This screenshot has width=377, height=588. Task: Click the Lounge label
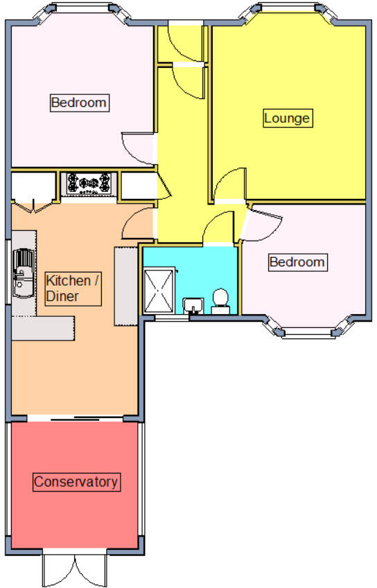(x=286, y=118)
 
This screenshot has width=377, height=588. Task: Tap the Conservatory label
(x=76, y=481)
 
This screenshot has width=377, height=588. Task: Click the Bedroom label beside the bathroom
(x=297, y=262)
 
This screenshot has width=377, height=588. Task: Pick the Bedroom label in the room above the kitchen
(x=79, y=103)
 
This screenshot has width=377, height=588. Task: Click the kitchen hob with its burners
(x=88, y=184)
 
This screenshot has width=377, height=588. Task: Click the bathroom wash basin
(x=193, y=304)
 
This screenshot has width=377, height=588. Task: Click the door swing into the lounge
(x=227, y=186)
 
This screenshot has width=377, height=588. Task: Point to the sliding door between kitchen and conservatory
(x=76, y=419)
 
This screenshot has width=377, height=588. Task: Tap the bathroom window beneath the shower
(x=166, y=318)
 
